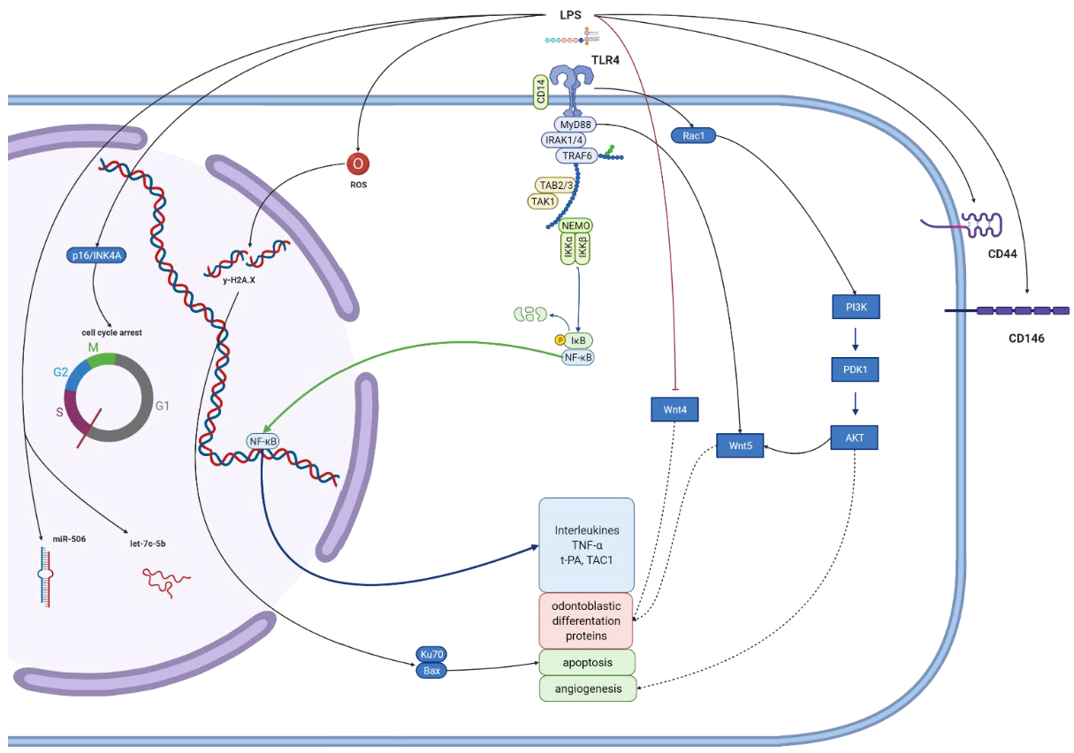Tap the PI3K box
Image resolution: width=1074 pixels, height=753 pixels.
pyautogui.click(x=855, y=307)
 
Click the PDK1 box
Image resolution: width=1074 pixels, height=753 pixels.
pyautogui.click(x=855, y=369)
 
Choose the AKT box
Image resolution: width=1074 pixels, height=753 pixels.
pyautogui.click(x=855, y=437)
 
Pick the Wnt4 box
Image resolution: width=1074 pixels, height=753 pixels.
pyautogui.click(x=675, y=409)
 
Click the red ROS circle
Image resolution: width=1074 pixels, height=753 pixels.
pyautogui.click(x=359, y=164)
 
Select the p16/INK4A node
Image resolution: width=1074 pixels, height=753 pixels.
pyautogui.click(x=95, y=255)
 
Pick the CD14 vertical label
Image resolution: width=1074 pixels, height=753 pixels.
pyautogui.click(x=539, y=91)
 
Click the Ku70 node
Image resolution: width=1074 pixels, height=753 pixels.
pyautogui.click(x=432, y=655)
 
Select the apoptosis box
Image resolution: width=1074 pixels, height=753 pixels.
pyautogui.click(x=587, y=662)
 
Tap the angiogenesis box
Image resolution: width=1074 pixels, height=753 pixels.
pyautogui.click(x=587, y=688)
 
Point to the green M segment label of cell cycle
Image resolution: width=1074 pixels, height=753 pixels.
pyautogui.click(x=92, y=346)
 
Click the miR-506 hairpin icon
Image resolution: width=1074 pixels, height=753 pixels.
pyautogui.click(x=43, y=575)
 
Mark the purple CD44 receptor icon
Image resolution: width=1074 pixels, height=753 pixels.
pyautogui.click(x=979, y=224)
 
